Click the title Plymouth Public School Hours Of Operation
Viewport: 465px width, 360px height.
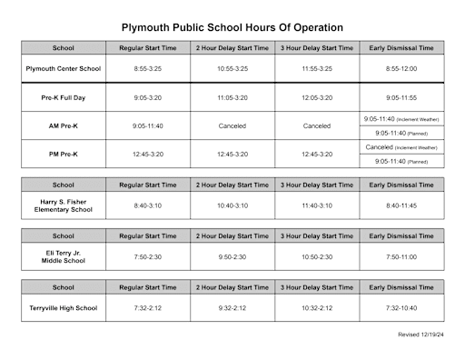point(232,27)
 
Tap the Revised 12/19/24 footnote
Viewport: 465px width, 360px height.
point(420,335)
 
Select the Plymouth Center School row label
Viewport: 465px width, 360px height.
point(64,68)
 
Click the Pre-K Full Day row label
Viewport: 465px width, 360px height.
point(64,97)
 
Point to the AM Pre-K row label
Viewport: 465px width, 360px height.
point(64,125)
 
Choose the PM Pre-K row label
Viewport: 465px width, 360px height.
point(64,154)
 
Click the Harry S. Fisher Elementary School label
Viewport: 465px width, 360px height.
point(64,205)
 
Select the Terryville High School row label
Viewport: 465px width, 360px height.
point(64,308)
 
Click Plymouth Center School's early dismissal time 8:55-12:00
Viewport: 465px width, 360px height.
point(401,68)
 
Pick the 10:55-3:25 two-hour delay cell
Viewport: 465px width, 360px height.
point(232,68)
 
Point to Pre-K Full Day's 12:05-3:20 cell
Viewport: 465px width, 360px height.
point(317,97)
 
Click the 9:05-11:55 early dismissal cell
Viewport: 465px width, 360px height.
point(401,97)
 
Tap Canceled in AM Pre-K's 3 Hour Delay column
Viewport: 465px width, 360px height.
point(317,125)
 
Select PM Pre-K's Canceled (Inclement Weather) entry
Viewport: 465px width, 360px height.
point(401,146)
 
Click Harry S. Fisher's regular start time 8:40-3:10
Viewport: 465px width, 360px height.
point(148,205)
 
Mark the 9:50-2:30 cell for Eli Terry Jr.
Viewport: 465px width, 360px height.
point(232,256)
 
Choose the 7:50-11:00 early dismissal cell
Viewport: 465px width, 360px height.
point(401,256)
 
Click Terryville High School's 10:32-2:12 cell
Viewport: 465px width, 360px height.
point(317,308)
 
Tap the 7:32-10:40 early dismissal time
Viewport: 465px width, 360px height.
point(401,308)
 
